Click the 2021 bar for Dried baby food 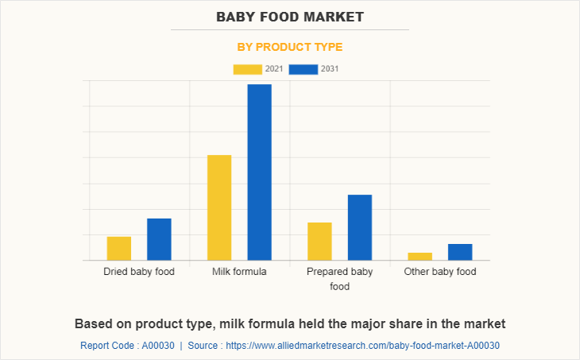[119, 249]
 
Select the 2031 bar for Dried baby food [159, 239]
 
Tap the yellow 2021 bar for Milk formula [219, 207]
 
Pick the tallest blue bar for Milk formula [259, 172]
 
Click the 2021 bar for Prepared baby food [319, 242]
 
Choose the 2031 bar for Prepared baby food [359, 227]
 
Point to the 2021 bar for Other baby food [420, 256]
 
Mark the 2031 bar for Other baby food [459, 252]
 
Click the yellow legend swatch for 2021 [247, 69]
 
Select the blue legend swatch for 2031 [304, 69]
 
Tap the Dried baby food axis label [139, 272]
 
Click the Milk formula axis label [239, 272]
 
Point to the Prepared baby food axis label [339, 279]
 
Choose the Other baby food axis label [440, 272]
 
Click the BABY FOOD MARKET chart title [290, 16]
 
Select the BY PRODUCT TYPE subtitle [290, 47]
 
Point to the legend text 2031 [330, 69]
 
